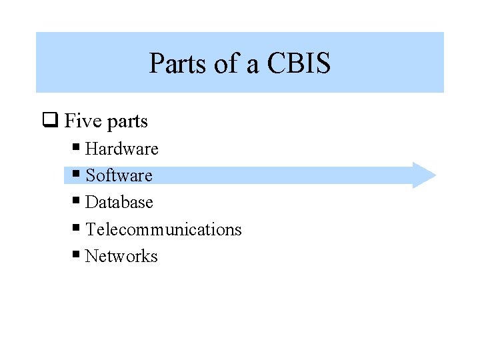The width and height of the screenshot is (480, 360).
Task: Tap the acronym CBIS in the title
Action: point(299,64)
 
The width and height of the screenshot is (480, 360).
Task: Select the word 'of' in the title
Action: point(223,64)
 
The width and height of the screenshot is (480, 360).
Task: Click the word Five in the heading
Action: point(81,121)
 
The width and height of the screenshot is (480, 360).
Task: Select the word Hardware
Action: point(122,149)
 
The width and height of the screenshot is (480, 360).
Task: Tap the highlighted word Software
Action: point(119,175)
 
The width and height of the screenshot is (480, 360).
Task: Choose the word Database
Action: point(119,202)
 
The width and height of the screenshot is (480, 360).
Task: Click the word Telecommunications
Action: point(163,229)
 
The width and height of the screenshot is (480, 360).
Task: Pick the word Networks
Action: point(121,256)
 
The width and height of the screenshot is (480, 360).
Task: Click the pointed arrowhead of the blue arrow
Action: point(427,175)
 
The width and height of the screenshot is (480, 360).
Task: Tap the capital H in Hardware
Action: point(91,149)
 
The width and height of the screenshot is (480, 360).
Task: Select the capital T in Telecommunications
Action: point(91,229)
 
